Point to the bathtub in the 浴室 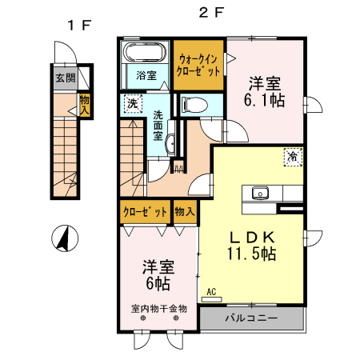(144, 55)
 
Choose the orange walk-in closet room (199, 65)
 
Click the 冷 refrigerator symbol (294, 158)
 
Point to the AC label (211, 292)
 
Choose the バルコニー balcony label (251, 318)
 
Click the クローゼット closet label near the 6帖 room (145, 212)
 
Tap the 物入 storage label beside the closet (185, 212)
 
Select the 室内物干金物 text (159, 308)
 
